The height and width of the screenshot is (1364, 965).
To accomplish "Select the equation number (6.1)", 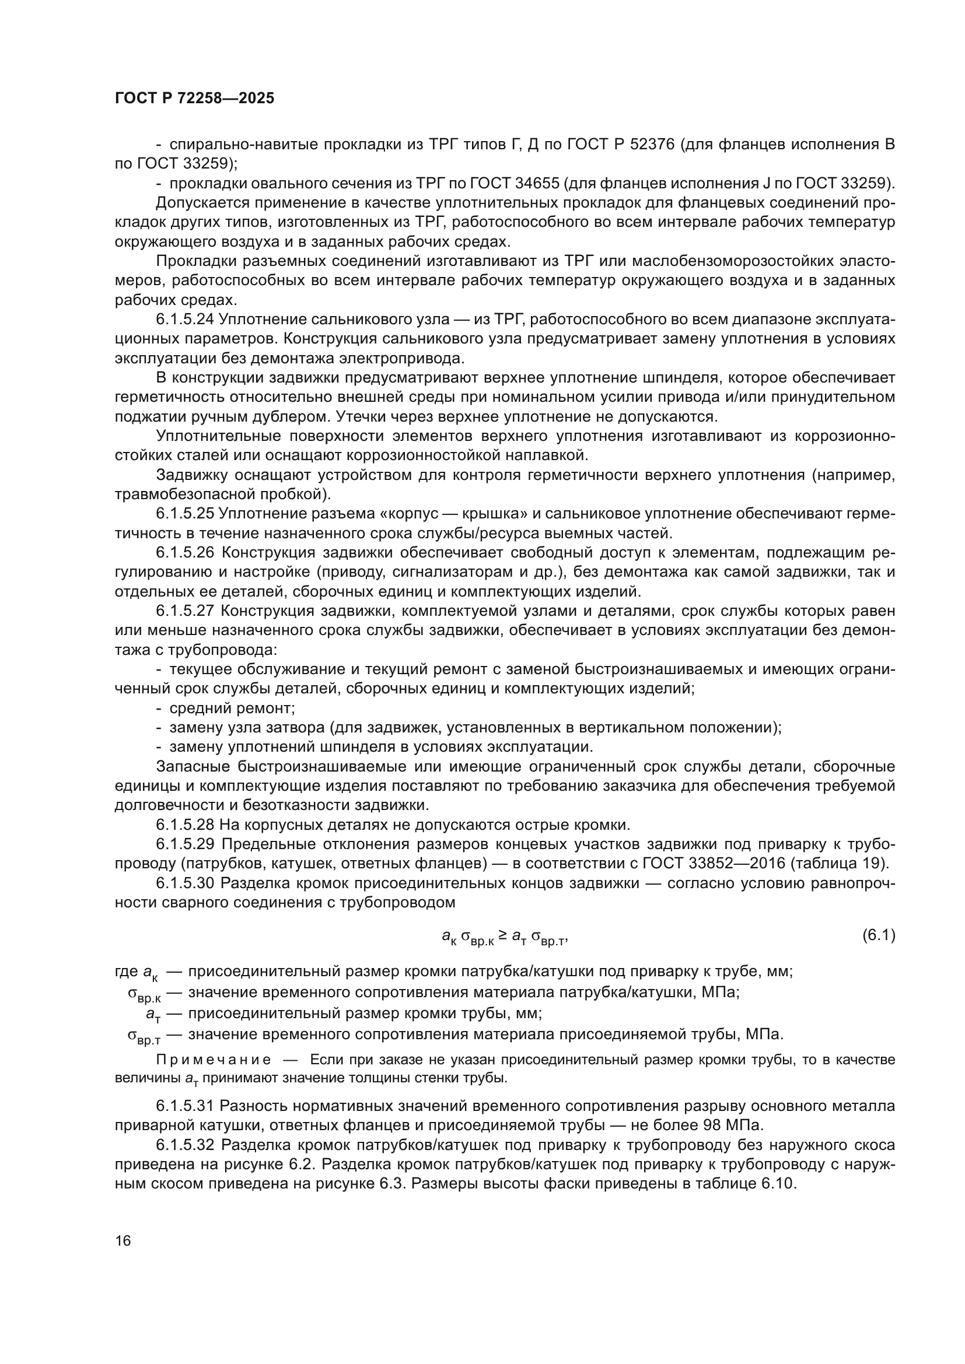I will coord(878,935).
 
